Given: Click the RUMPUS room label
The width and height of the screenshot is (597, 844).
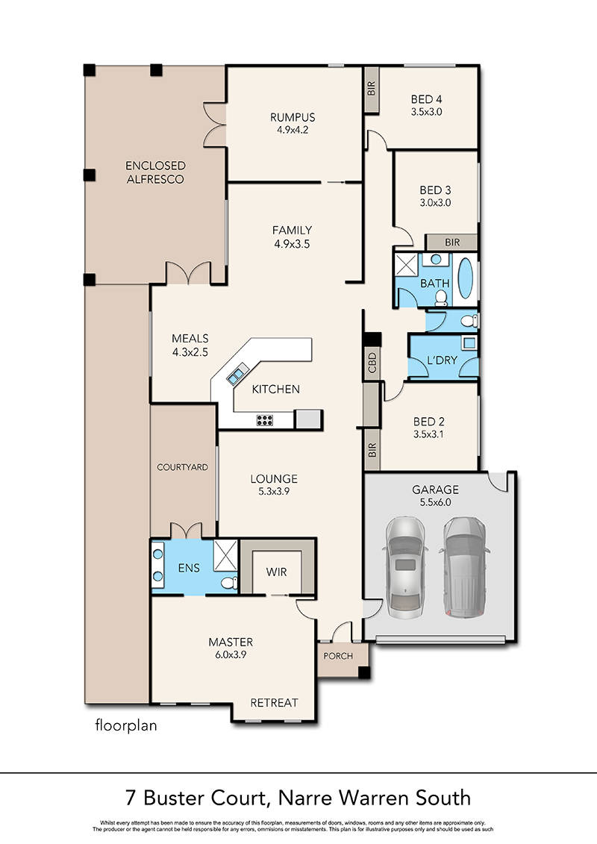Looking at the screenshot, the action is tap(293, 117).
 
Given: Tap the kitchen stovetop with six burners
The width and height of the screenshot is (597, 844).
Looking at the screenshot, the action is tap(264, 420).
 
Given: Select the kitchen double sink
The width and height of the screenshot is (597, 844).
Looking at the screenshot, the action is tap(237, 372).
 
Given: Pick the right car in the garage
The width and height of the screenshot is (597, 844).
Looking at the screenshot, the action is tap(464, 567).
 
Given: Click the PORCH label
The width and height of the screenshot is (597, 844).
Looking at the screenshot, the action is tap(338, 656).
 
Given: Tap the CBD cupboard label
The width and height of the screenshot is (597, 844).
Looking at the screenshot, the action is tap(372, 363).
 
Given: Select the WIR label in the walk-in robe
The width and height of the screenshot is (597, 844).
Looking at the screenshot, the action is tap(276, 572).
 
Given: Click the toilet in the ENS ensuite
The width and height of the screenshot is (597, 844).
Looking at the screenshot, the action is tap(230, 582).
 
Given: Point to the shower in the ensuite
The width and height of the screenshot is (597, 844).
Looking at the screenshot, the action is tap(225, 555).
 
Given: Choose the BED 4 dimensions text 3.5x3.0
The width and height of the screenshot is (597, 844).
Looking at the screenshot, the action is tap(426, 112).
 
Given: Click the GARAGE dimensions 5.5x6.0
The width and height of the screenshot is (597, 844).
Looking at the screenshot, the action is tap(436, 502).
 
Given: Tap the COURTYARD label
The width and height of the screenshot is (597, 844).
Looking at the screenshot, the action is tap(182, 467).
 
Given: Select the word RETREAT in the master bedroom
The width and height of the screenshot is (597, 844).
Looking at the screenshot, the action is tap(274, 702).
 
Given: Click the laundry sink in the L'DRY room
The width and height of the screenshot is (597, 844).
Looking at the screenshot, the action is tap(469, 343).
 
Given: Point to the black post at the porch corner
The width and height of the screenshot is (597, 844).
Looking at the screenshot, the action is tap(364, 672).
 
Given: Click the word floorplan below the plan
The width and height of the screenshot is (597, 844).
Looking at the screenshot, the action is tap(126, 725).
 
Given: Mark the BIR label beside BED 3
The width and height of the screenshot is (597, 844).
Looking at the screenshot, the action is tap(452, 243).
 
